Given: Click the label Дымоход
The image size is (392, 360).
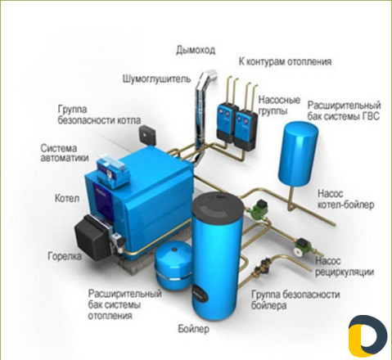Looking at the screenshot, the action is point(196,51).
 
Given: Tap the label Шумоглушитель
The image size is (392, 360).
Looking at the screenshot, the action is point(156,79).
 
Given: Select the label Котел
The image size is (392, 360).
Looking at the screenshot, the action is point(67,198).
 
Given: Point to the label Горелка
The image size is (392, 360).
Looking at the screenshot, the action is point(65,256).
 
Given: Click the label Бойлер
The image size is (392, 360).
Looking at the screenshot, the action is point(193,329).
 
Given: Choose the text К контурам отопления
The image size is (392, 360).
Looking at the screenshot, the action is point(286,61).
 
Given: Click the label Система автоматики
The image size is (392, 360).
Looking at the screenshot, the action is point(65,153).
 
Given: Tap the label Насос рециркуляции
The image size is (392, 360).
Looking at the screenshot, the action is point(345,267).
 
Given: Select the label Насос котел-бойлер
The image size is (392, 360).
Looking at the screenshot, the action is point(345,200).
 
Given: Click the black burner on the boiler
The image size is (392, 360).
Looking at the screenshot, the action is point(92,239).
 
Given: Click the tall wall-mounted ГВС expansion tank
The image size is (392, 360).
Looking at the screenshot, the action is point(298,155).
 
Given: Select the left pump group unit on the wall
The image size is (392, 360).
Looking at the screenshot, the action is point(227,124).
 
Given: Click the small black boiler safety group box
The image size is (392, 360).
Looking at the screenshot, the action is point(148,134).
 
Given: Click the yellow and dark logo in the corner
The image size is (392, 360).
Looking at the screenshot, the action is point(367,335).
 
